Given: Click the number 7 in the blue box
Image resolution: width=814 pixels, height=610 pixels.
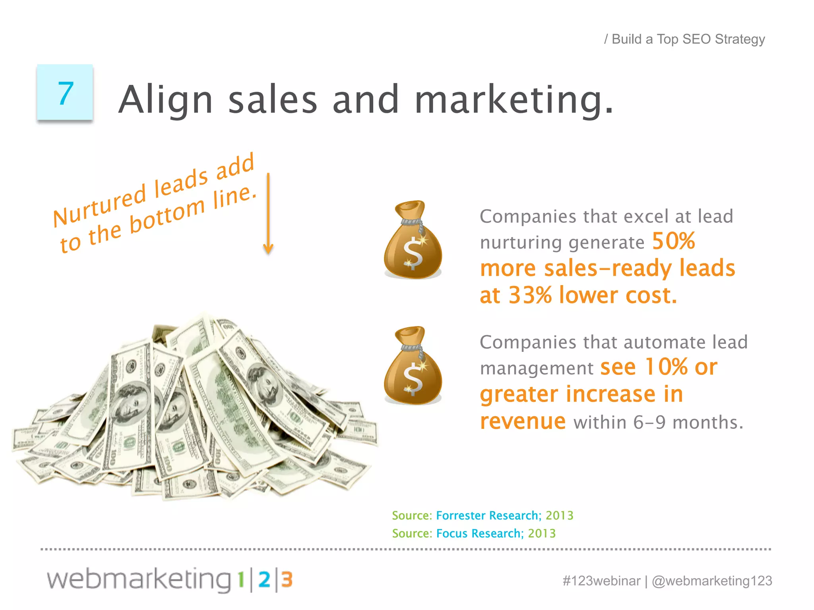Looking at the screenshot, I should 66,94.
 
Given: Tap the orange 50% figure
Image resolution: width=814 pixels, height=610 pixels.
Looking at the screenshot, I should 673,241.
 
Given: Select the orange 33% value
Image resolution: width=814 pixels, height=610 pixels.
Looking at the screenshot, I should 530,295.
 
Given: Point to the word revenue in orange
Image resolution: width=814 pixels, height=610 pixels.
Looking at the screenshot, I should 522,421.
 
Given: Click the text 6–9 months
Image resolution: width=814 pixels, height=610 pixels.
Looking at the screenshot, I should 688,422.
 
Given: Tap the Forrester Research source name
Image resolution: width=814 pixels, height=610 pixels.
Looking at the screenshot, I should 488,515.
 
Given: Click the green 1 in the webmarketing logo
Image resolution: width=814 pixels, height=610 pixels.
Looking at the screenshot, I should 241,580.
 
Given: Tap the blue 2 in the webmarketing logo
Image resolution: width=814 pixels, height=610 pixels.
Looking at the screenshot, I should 264,580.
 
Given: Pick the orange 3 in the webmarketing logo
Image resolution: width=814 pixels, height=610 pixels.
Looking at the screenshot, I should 287,580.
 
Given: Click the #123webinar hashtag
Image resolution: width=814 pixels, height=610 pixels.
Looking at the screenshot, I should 601,581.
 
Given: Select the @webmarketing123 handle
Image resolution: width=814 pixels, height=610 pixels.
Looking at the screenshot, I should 712,581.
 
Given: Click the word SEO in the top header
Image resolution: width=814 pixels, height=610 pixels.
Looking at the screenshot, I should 696,39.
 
